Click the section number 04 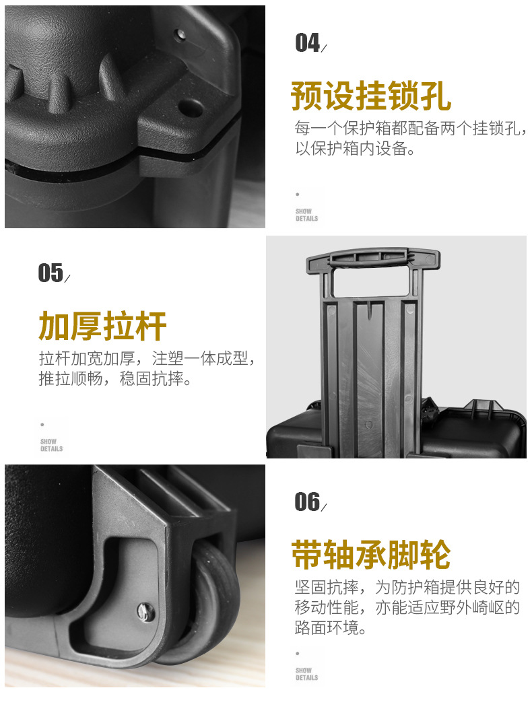[x=307, y=43]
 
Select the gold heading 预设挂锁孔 [x=371, y=96]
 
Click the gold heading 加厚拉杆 [x=102, y=326]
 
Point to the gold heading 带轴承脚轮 [x=371, y=555]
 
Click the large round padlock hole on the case [x=191, y=108]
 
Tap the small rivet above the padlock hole [x=181, y=34]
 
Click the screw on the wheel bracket [x=146, y=613]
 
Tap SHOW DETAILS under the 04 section [x=306, y=215]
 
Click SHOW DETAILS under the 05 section [x=51, y=445]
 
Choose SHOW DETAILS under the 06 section [x=306, y=674]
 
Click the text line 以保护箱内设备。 [x=355, y=149]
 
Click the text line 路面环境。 [x=331, y=627]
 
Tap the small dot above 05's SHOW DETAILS [x=42, y=424]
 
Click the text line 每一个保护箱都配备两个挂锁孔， [x=411, y=129]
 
